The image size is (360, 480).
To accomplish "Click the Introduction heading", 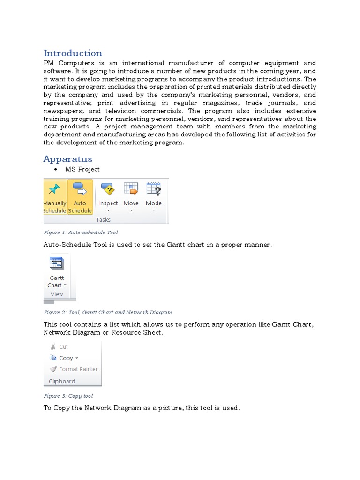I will [73, 53].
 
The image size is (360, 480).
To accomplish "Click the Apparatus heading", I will [67, 159].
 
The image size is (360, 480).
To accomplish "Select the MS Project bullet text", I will [82, 169].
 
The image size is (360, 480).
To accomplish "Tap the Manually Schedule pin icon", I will [54, 189].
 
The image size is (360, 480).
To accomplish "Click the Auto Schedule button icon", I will [80, 189].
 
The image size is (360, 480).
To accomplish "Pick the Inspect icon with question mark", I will [108, 189].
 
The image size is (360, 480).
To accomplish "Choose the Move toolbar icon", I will [131, 189].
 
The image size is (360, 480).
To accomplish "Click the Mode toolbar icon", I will [154, 189].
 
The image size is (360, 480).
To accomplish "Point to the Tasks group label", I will [103, 219].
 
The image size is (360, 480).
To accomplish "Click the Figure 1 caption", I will [81, 232].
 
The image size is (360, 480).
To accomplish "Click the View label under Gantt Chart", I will [57, 294].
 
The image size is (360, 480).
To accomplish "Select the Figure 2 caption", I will [108, 312].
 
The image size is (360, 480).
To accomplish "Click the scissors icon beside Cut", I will [53, 347].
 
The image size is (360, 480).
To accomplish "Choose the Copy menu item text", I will [66, 358].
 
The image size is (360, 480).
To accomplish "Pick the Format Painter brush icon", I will [53, 369].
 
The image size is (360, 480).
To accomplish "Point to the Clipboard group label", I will [62, 381].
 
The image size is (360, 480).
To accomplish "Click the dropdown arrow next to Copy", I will [77, 358].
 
